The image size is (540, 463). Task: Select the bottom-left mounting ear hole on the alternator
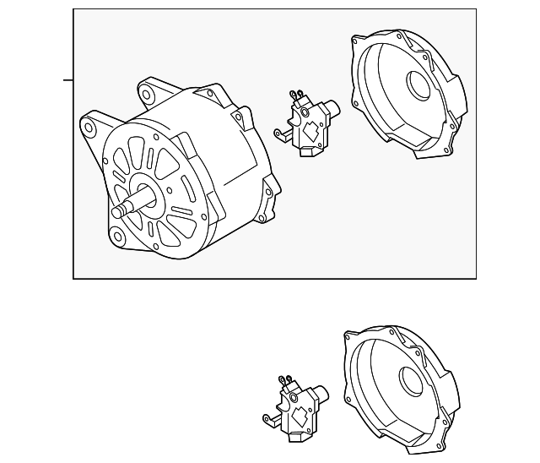[x=116, y=233]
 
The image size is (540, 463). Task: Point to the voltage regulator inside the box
[x=305, y=125]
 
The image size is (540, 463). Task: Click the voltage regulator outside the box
[x=295, y=404]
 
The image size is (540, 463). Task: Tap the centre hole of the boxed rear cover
[x=418, y=84]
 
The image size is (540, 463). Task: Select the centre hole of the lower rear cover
[x=413, y=381]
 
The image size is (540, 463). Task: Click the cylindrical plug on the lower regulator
[x=321, y=392]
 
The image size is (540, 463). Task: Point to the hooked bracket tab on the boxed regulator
[x=279, y=133]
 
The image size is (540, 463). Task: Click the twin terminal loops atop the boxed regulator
[x=295, y=93]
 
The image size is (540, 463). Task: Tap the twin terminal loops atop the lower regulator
[x=284, y=379]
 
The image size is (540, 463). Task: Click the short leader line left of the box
[x=68, y=81]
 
